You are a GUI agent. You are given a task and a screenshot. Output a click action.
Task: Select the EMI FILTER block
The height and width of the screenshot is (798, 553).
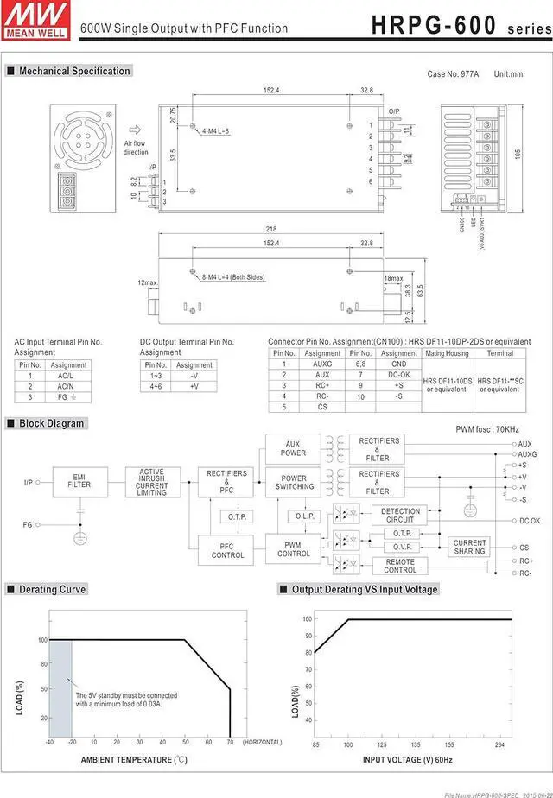[79, 480]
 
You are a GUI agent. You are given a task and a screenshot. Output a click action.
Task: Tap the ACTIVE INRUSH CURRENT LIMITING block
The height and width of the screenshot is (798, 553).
[151, 481]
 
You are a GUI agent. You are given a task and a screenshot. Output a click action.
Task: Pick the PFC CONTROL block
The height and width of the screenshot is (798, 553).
[227, 550]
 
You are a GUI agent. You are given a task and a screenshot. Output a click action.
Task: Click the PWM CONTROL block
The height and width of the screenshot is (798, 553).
[294, 549]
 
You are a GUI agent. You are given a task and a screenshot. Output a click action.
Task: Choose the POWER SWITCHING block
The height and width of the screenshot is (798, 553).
[295, 482]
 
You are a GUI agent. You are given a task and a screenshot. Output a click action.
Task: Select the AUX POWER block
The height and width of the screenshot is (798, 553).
[294, 448]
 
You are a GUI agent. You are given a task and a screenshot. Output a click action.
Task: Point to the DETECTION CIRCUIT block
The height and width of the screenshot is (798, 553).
[400, 516]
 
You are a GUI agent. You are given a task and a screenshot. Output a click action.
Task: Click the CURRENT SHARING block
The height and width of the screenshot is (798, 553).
[469, 547]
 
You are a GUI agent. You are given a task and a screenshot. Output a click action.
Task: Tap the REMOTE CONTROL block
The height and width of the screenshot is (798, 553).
[400, 566]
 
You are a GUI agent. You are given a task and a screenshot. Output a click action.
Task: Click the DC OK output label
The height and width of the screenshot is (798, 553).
[529, 521]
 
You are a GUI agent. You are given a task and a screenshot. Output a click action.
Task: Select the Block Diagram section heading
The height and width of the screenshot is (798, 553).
[52, 423]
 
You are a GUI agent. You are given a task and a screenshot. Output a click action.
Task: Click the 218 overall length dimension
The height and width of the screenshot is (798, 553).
[270, 229]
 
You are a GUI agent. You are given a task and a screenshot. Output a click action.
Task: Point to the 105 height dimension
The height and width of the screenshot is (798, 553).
[518, 153]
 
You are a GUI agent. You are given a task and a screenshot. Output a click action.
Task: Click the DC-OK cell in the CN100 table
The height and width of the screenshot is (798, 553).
[398, 375]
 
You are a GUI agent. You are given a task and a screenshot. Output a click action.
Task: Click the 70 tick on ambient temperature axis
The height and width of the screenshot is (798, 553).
[230, 742]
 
